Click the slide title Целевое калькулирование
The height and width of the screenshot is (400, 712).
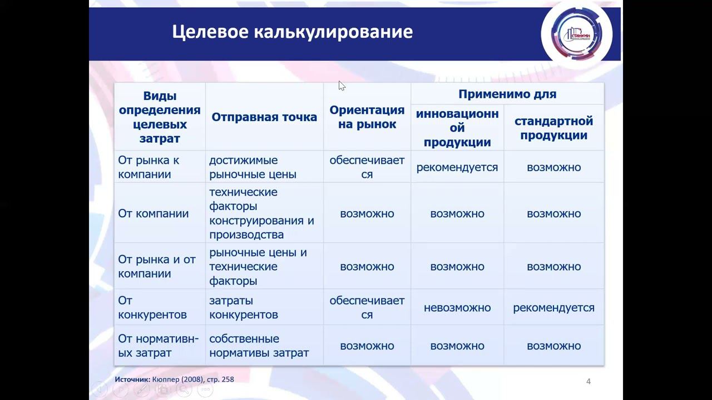[x=292, y=32]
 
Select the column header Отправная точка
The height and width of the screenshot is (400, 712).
[x=264, y=117]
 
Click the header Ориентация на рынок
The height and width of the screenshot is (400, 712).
[x=367, y=117]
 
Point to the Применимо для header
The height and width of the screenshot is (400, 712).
[x=507, y=94]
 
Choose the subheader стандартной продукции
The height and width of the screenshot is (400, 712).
[x=553, y=128]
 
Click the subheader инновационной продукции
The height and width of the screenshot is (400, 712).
[x=457, y=128]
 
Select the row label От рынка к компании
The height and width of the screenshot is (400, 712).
[x=149, y=167]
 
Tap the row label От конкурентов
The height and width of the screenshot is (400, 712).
[x=152, y=307]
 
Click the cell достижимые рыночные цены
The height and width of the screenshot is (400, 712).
[x=253, y=167]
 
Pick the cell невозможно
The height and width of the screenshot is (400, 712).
[x=457, y=307]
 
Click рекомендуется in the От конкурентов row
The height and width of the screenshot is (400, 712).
[x=553, y=307]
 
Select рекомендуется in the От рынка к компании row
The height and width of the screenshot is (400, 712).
[x=457, y=167]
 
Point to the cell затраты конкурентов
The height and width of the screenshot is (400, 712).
[x=243, y=307]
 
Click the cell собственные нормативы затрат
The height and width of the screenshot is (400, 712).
[x=259, y=346]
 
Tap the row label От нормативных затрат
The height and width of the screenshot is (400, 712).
[x=158, y=346]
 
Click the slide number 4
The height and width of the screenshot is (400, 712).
[x=589, y=381]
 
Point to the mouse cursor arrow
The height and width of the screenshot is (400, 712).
[x=341, y=85]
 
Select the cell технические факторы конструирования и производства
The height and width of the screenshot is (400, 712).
[x=261, y=213]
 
